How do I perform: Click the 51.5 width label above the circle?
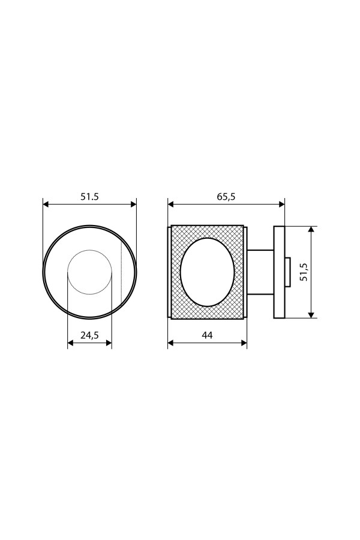tap(89, 197)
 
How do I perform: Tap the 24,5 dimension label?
tap(89, 335)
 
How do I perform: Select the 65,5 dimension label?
tap(226, 197)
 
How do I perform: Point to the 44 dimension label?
tap(207, 335)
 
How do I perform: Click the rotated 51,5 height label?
tap(304, 272)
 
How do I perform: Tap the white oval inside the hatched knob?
tap(208, 272)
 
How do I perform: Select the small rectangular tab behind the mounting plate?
tap(288, 272)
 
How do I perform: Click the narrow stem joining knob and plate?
tap(260, 272)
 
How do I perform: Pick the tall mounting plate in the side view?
tap(280, 272)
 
